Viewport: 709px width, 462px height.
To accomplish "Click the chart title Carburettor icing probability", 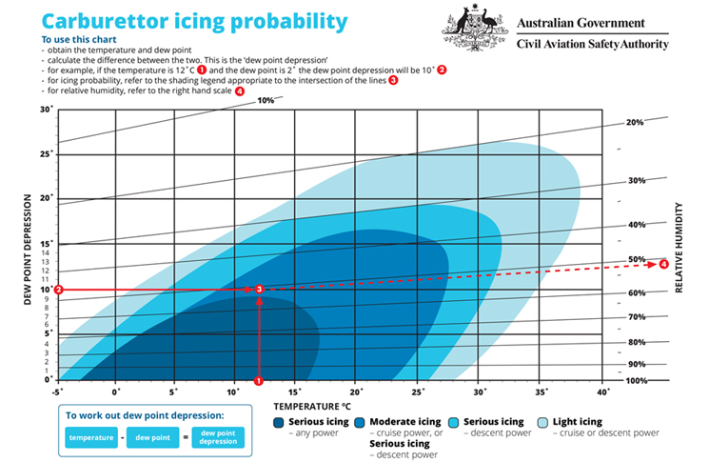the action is click(x=194, y=22).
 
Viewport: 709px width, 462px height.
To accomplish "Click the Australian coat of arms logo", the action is click(x=474, y=28).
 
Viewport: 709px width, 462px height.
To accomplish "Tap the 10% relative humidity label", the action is click(x=266, y=100).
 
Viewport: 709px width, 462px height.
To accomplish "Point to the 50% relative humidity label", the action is click(x=637, y=260).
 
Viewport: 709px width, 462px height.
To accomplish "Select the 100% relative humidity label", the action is click(x=637, y=381).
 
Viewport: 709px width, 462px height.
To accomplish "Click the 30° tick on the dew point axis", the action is click(x=47, y=109).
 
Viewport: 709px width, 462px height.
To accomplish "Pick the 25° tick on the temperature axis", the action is click(x=418, y=392).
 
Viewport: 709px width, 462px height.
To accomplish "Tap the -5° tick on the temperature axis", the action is click(x=57, y=392).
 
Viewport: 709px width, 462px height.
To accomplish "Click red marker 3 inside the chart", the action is click(x=259, y=290).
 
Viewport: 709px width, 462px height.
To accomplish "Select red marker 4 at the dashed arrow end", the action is click(x=663, y=264).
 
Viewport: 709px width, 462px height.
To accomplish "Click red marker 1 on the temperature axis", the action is click(x=259, y=381).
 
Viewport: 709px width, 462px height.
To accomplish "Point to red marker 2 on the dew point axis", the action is click(x=58, y=290).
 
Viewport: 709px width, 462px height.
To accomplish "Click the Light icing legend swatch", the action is click(x=542, y=423).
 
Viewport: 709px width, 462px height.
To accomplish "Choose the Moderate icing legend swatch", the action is click(x=360, y=423).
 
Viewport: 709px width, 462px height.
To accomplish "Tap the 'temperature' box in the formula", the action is click(x=91, y=437).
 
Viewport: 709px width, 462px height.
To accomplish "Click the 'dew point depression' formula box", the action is click(x=218, y=437).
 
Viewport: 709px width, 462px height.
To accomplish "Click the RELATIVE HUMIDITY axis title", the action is click(x=679, y=248).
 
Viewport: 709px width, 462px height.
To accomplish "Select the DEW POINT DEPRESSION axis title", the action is click(x=28, y=250).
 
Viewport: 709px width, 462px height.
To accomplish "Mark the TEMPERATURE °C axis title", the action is click(x=312, y=407).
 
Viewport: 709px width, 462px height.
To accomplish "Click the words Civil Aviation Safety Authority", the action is click(x=592, y=45).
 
